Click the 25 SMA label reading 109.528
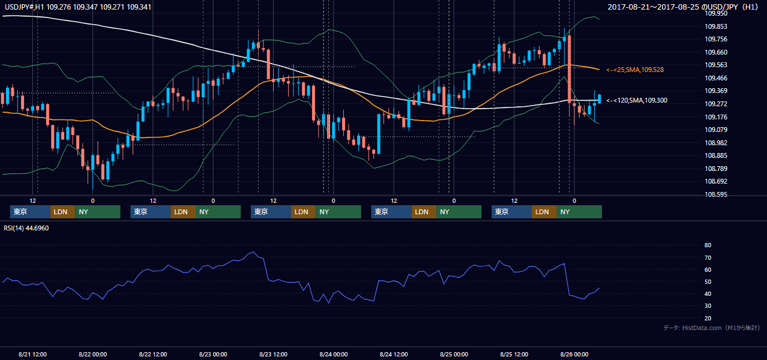635,70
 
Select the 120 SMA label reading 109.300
637,100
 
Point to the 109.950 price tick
716,13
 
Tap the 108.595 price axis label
716,194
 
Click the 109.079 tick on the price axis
716,130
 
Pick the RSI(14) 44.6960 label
26,228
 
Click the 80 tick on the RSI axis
708,245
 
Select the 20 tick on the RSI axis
708,318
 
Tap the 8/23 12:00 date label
273,354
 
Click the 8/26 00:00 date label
574,354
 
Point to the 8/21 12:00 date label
32,354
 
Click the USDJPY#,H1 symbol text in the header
25,7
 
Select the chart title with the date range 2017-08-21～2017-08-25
683,7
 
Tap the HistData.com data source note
712,328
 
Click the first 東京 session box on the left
30,212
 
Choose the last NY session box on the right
579,212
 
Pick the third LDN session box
303,212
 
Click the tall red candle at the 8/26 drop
569,68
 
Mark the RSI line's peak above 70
253,252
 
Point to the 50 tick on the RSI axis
708,281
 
